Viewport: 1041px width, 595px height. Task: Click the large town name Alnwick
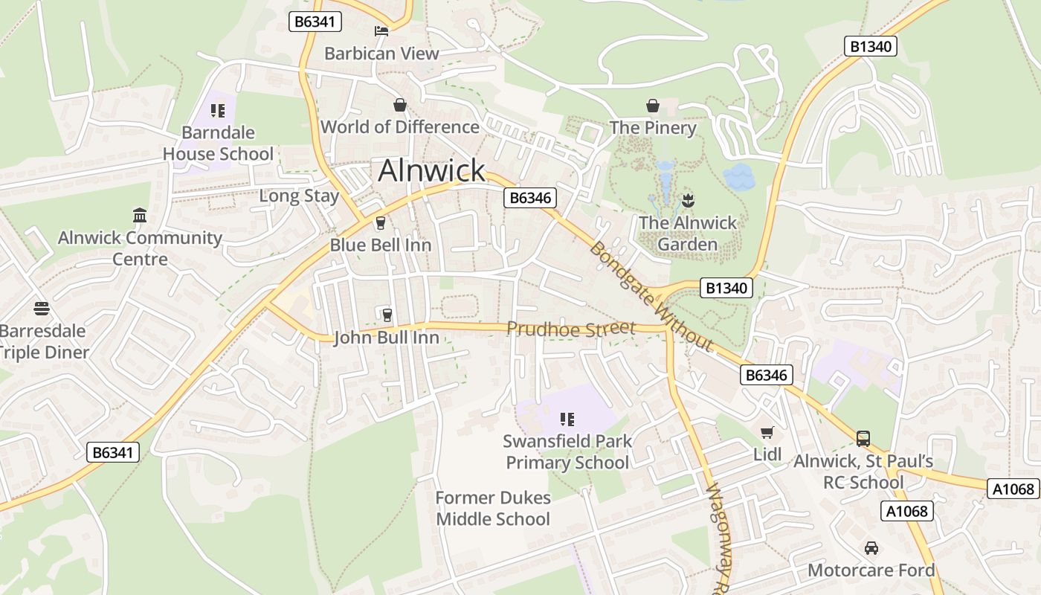pos(431,170)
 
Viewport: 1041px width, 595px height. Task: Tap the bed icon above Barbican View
pos(381,31)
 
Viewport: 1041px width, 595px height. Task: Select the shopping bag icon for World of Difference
pos(400,105)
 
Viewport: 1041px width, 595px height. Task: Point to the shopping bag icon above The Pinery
pos(653,106)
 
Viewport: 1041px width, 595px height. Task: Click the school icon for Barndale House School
pos(218,111)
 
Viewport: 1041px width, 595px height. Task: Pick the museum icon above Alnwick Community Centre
pos(140,216)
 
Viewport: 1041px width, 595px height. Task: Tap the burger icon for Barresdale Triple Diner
pos(42,309)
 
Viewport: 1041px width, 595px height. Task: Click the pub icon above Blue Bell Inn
pos(381,223)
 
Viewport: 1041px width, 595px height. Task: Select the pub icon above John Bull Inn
pos(386,315)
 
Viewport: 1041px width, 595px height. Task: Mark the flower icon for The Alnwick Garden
pos(688,200)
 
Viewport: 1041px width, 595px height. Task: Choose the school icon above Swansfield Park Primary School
pos(567,419)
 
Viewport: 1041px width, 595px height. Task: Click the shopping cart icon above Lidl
pos(767,433)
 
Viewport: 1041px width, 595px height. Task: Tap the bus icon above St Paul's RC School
pos(863,439)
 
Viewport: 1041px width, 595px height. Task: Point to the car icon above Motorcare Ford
pos(871,548)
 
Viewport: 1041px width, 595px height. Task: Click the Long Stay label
pos(299,196)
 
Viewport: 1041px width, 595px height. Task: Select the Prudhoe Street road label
pos(571,328)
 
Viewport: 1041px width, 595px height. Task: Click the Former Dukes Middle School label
pos(493,508)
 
